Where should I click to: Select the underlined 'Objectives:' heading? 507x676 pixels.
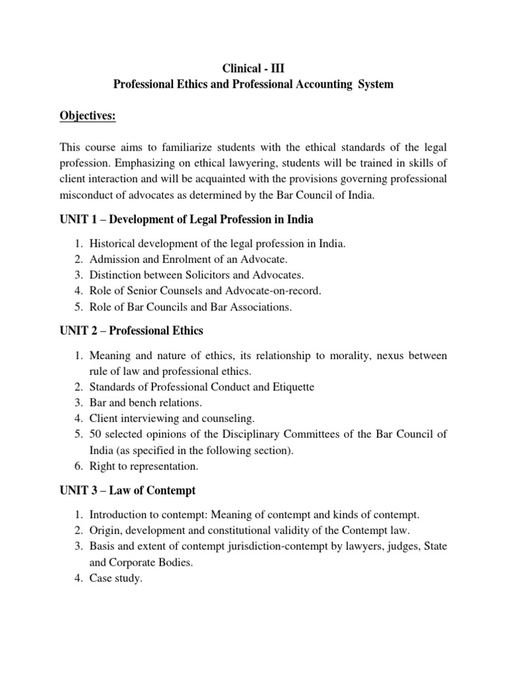88,116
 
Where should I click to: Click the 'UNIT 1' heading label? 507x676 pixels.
77,219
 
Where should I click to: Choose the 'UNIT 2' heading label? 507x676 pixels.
77,330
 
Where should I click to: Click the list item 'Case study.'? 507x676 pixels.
116,580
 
